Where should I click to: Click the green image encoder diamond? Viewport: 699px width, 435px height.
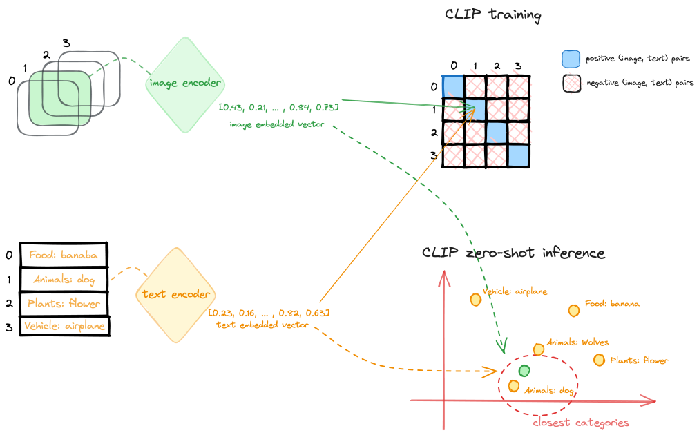(184, 84)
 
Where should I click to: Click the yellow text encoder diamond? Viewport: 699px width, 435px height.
(175, 295)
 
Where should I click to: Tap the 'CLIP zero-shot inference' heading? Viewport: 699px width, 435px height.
(513, 253)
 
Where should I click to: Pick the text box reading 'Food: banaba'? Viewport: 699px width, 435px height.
(64, 255)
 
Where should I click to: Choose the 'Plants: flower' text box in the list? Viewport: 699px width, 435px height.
(64, 303)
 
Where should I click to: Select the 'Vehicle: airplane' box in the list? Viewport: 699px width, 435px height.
(64, 326)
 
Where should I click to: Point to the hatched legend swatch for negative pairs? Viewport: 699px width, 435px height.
(571, 83)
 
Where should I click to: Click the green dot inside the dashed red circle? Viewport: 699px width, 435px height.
(524, 371)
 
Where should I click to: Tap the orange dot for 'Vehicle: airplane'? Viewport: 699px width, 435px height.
(475, 300)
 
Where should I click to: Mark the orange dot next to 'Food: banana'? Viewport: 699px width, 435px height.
(573, 311)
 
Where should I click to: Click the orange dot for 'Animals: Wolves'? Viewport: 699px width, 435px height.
(539, 349)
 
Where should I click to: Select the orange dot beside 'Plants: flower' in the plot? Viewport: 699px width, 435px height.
(599, 360)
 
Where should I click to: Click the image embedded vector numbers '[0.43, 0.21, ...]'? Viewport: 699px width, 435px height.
(278, 108)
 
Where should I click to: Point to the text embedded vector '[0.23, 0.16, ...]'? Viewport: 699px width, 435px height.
(269, 313)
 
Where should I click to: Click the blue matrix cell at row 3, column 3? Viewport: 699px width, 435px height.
(518, 155)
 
